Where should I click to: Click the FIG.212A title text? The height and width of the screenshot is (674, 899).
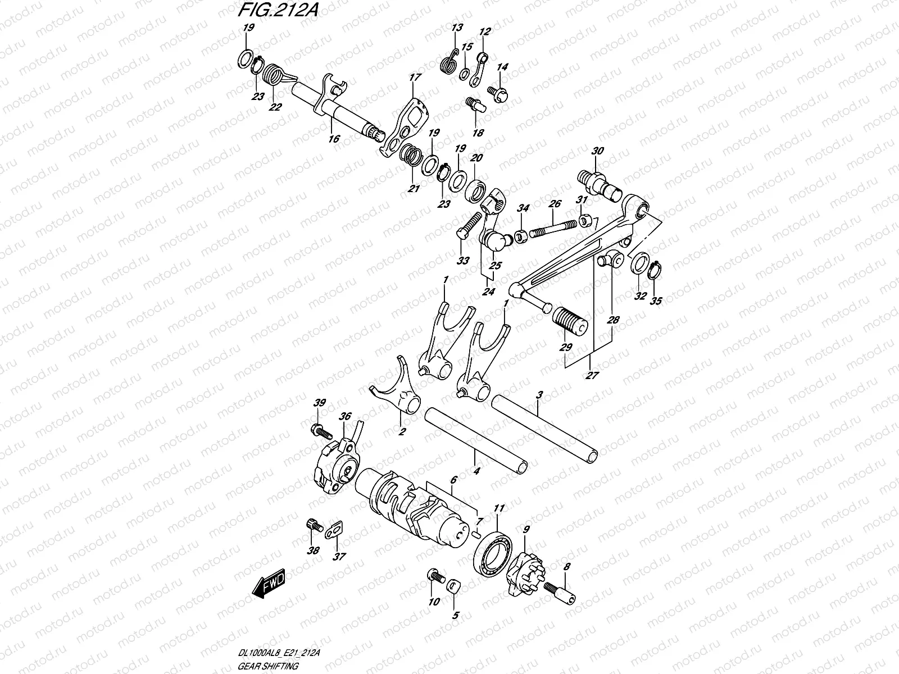(x=278, y=10)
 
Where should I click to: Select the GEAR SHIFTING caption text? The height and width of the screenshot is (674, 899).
(x=268, y=666)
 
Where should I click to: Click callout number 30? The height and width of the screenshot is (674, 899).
(x=598, y=151)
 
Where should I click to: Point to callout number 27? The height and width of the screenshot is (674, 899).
(x=592, y=375)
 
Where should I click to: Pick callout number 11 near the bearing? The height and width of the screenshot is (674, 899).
(x=499, y=509)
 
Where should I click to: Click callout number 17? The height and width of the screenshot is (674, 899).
(x=415, y=78)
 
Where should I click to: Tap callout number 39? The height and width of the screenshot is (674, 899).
(x=320, y=403)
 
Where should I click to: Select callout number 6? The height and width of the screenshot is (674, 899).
(x=453, y=480)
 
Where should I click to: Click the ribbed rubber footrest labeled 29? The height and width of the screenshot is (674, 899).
(x=570, y=320)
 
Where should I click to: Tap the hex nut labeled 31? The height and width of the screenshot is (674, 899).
(x=584, y=221)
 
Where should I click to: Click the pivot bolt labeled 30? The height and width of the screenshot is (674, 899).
(x=600, y=186)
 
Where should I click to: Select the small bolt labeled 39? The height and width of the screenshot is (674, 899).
(x=321, y=431)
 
